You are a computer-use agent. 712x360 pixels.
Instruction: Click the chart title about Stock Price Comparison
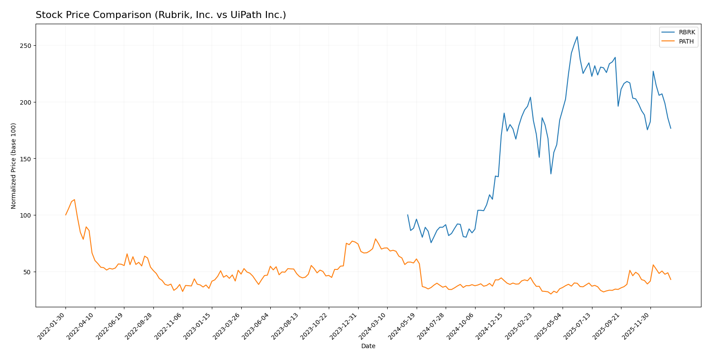(x=161, y=15)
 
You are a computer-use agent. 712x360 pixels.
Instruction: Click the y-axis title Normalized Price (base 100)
(x=14, y=166)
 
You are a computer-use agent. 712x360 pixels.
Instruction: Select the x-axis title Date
(x=368, y=346)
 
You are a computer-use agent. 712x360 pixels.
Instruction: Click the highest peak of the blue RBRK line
(x=577, y=36)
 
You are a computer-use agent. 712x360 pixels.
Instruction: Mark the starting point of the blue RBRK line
(x=407, y=215)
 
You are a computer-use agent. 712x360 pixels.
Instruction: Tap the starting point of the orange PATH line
(x=66, y=215)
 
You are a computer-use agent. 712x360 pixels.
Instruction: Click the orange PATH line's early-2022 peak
(x=74, y=200)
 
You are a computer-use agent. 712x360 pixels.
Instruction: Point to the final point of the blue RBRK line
(x=671, y=128)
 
